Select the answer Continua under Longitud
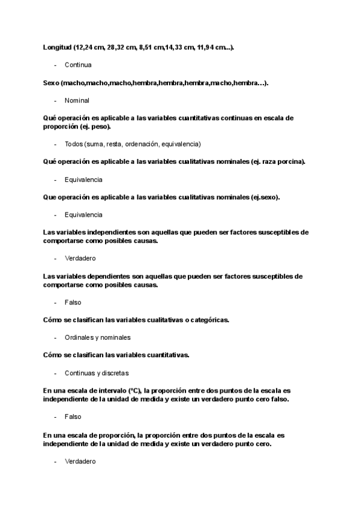click(x=78, y=64)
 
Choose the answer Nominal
click(x=77, y=100)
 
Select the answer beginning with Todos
click(x=133, y=144)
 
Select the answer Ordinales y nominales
click(x=97, y=337)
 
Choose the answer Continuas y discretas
click(x=96, y=373)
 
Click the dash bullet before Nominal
click(x=55, y=100)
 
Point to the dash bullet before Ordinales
click(x=55, y=337)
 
